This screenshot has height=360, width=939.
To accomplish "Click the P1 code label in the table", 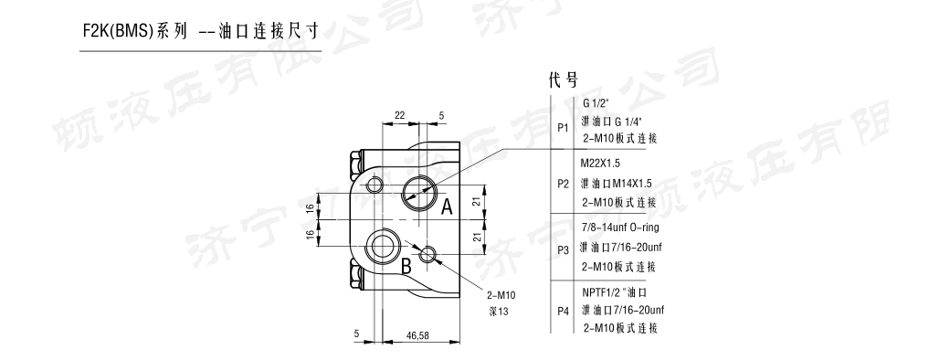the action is coord(563,128).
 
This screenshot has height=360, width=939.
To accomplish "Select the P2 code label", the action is coord(563,184).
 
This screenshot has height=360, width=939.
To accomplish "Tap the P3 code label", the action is coord(563,249).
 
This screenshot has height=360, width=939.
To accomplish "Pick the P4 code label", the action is coord(563,311).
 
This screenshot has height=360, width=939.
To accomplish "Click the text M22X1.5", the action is coord(601,163).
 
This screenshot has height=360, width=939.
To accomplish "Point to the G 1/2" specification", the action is coord(596,103).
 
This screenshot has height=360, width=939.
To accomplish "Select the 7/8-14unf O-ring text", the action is coord(620,228).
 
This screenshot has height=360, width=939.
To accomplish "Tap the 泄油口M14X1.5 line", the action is coord(617,184).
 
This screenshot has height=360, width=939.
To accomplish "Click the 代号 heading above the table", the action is coord(564,79).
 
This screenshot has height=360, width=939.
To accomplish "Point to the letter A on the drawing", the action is coord(447,207).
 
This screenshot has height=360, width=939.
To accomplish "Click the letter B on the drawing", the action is coord(406,265).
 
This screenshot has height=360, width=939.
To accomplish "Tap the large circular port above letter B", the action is coord(381,245).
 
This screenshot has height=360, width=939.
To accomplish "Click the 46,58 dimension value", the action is coord(417,335).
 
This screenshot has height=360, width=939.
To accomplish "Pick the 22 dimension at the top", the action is coord(400,116).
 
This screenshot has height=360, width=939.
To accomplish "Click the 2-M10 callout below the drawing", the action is coord(501,295).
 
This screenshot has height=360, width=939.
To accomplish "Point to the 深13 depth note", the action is coord(499,312).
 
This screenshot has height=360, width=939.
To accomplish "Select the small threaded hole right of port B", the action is coord(427,255).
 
